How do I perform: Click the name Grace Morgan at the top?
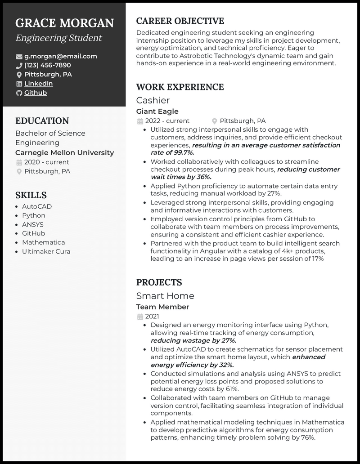click(64, 23)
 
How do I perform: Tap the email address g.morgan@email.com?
click(61, 56)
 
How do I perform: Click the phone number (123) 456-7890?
click(48, 65)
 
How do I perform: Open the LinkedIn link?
click(38, 84)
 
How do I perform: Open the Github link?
click(36, 93)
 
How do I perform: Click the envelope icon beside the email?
click(19, 57)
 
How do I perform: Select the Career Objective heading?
click(180, 21)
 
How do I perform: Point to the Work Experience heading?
click(180, 87)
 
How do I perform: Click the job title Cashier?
click(153, 100)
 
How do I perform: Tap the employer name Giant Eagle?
click(157, 111)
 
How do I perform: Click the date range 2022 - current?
click(167, 121)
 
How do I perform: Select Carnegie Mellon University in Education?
click(65, 152)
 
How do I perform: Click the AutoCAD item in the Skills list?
click(37, 206)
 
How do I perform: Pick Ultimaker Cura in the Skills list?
click(46, 251)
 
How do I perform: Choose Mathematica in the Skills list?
click(44, 242)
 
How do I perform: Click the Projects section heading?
click(159, 282)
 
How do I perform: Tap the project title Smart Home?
click(165, 296)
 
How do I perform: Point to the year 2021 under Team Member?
click(152, 317)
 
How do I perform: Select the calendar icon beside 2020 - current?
click(19, 162)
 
